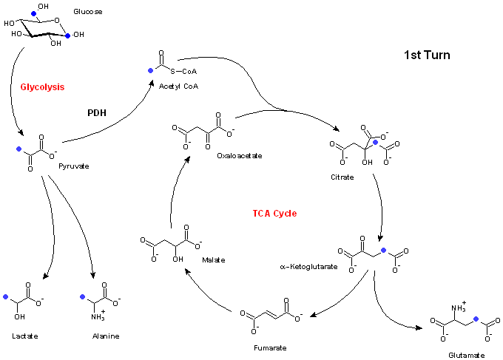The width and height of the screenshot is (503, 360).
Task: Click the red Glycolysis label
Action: (42, 87)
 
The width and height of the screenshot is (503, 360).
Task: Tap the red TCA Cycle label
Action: (274, 214)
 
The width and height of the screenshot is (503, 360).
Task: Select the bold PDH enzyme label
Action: (97, 113)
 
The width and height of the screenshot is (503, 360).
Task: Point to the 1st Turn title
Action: (427, 55)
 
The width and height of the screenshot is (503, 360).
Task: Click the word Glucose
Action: (88, 12)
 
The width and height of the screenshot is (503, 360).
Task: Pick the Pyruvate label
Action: (74, 166)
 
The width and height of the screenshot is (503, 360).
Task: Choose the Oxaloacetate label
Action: (240, 156)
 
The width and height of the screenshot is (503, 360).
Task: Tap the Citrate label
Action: (342, 177)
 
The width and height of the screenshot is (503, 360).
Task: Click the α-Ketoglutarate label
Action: (308, 267)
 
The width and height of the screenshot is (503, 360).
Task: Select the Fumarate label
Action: (270, 348)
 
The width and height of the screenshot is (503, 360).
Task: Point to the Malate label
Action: (214, 260)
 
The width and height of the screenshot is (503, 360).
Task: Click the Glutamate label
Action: (467, 355)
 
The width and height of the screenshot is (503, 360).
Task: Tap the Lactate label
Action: (25, 336)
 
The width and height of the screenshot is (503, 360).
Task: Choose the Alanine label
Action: (106, 336)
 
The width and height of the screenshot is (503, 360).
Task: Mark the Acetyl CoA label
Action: (179, 86)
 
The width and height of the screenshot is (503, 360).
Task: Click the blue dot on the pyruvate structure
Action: (19, 149)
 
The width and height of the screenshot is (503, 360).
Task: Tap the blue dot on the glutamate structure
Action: (476, 319)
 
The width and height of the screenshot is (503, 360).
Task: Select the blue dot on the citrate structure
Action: (376, 143)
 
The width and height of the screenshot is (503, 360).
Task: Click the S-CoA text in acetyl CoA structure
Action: (183, 72)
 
